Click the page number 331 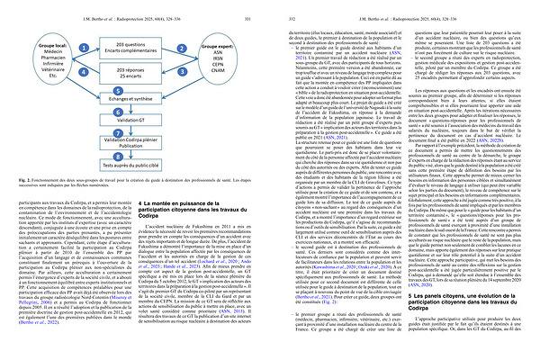click(249, 7)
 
